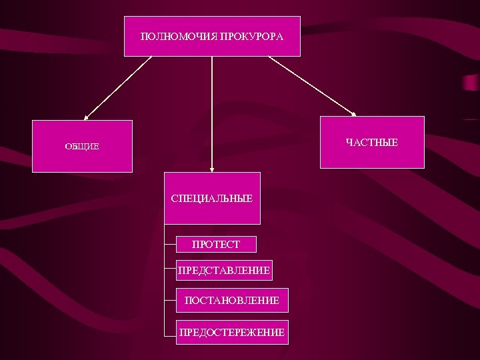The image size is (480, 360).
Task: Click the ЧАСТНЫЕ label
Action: point(372,143)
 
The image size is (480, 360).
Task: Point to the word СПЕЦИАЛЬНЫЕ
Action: point(212,199)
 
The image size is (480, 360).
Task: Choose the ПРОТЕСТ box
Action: point(216,245)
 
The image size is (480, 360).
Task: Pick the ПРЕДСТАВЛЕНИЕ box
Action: point(224,271)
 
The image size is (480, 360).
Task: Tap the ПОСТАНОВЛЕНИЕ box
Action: point(232,301)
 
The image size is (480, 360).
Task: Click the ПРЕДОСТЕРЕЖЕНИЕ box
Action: point(231,331)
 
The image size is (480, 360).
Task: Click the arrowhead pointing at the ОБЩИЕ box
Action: point(87,116)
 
